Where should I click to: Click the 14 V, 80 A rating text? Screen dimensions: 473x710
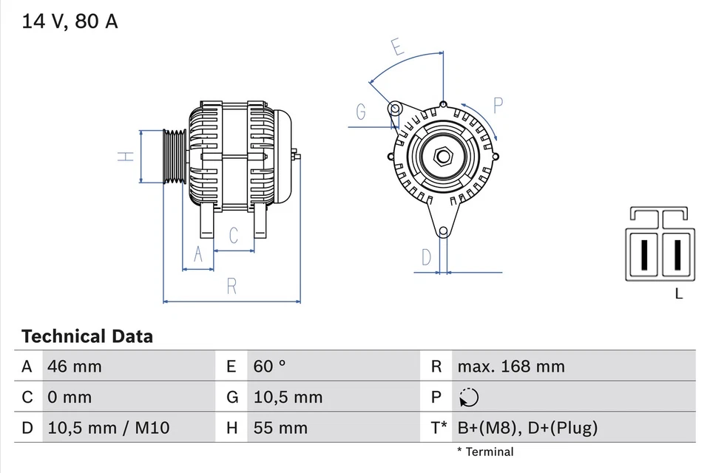[70, 21]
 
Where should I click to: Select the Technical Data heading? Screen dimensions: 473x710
[87, 337]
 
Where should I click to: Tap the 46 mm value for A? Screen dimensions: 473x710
[75, 366]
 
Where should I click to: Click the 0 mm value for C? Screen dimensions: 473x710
[70, 397]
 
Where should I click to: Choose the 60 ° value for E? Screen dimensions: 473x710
[270, 366]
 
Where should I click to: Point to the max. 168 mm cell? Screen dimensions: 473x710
[510, 366]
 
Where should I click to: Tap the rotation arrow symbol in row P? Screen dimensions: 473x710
[468, 398]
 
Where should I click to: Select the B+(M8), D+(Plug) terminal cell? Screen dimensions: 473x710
[527, 428]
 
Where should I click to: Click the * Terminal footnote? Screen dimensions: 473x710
[484, 452]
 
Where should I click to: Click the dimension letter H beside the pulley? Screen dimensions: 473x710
[127, 157]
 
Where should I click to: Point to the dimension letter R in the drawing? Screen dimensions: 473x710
[231, 286]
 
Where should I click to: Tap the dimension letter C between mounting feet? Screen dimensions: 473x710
[234, 236]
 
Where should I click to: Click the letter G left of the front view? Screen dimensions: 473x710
[361, 112]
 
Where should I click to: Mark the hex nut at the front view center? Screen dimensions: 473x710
[443, 157]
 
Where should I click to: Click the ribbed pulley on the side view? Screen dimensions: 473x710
[174, 157]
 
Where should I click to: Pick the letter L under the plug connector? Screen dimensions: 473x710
[679, 294]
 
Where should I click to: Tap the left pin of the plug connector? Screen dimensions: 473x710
[645, 254]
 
